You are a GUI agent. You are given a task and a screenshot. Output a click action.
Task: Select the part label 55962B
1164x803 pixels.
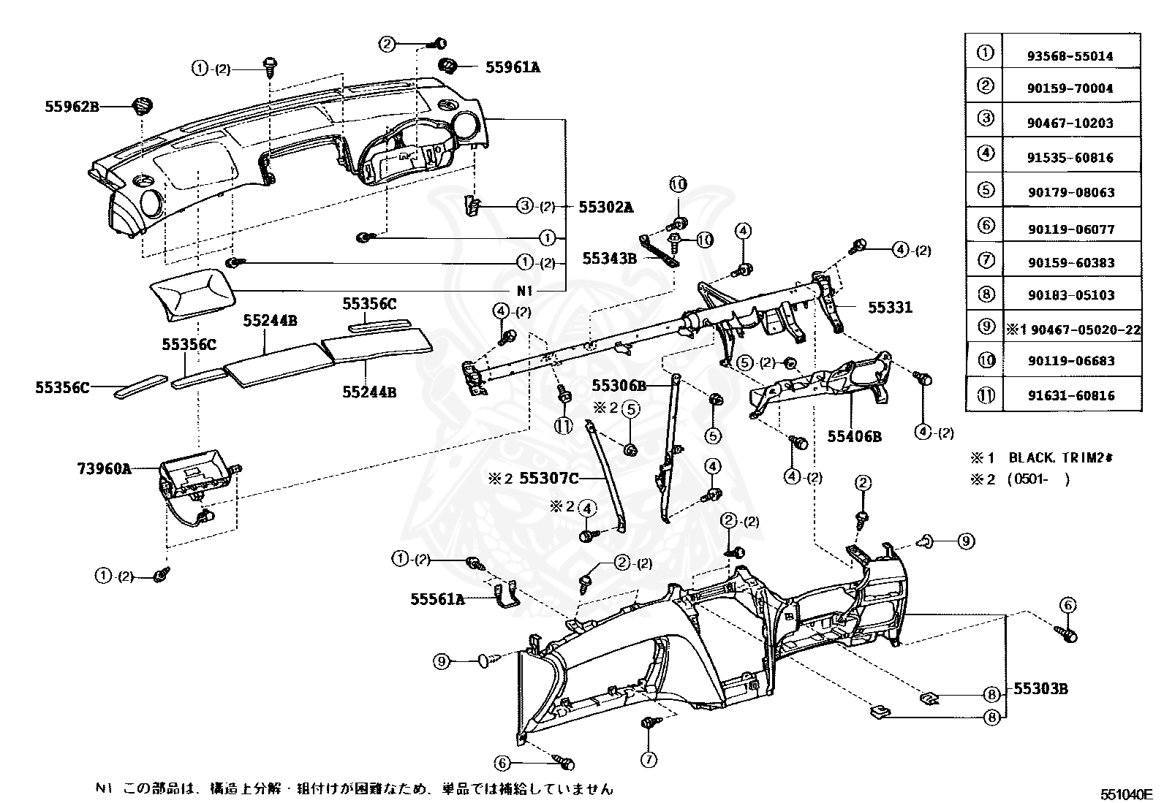coord(72,107)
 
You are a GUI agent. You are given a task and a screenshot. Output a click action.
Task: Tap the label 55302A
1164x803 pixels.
coord(605,207)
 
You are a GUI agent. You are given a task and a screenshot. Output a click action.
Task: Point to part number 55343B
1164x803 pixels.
coord(611,258)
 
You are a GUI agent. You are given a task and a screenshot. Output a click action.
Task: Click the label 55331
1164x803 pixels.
coord(890,308)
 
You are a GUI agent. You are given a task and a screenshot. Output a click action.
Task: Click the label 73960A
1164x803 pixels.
coord(105,468)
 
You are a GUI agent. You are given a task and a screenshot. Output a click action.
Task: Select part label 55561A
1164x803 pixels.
coord(437,599)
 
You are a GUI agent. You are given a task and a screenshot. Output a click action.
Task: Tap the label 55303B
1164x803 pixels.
coord(1040,689)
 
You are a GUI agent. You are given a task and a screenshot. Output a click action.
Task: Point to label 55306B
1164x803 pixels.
coord(619,385)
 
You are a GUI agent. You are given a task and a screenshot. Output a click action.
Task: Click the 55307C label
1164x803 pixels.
coord(548,479)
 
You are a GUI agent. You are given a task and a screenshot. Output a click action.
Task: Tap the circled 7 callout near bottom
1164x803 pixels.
coord(648,759)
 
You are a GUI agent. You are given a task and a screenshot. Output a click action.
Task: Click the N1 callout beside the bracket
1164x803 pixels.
coord(526,290)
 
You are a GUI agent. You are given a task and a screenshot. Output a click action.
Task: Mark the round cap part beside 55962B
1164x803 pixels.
coord(140,107)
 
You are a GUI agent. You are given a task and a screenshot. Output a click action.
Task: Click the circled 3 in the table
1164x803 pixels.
coord(986,118)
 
